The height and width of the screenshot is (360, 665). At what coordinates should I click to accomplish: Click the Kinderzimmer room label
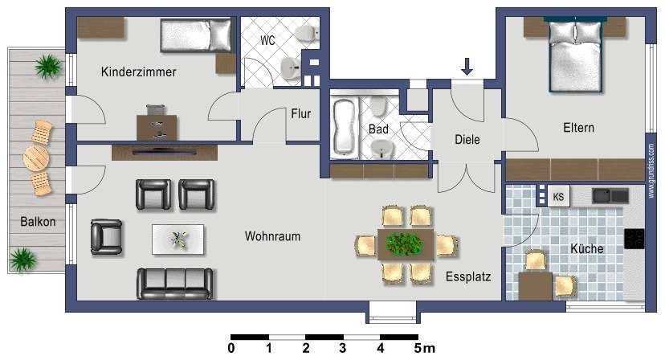(x=138, y=72)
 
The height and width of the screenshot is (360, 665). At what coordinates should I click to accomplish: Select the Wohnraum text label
(x=272, y=237)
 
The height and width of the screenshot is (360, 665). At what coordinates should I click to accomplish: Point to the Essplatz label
(x=467, y=277)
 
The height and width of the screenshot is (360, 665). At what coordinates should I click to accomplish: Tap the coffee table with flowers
(x=177, y=238)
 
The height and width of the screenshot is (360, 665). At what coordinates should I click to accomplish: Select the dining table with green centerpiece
(x=406, y=243)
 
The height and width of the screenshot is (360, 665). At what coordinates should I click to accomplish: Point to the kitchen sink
(x=611, y=195)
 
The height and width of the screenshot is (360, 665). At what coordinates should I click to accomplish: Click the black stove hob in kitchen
(x=634, y=238)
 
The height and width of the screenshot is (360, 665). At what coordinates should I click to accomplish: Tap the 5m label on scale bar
(x=424, y=349)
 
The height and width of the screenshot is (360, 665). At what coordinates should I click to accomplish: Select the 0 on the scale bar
(x=231, y=349)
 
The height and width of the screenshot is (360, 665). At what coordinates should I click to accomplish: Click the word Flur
(x=300, y=113)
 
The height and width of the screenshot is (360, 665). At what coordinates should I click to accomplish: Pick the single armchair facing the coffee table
(x=106, y=236)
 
